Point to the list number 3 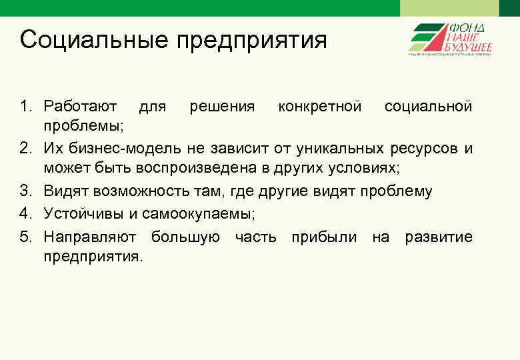(26, 192)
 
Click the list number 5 (26, 237)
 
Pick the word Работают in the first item (81, 107)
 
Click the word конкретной (320, 107)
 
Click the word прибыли (323, 237)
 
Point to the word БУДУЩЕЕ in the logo (470, 47)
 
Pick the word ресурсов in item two (427, 148)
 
